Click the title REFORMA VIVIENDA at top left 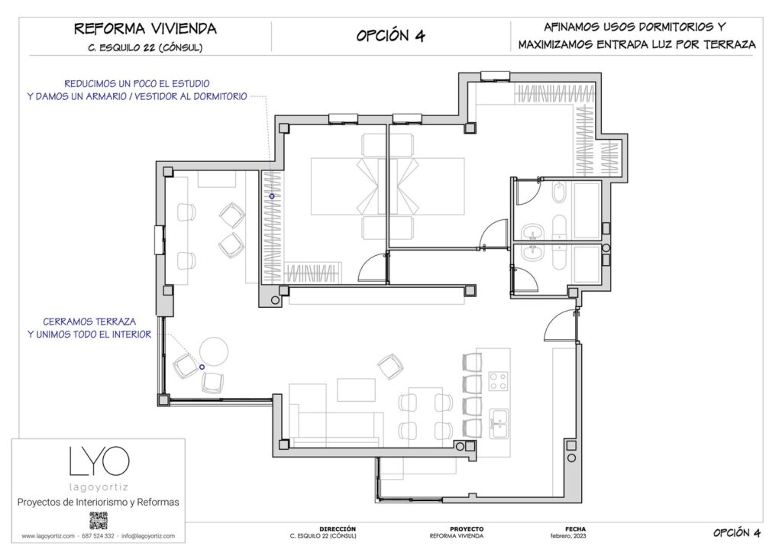tap(145, 29)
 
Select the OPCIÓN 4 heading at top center tap(390, 36)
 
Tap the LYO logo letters tap(99, 461)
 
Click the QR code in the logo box tap(99, 521)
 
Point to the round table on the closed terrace tap(213, 352)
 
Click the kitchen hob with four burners tap(499, 380)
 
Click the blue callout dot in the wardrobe tap(271, 196)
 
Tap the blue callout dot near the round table tap(202, 367)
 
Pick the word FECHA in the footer tap(575, 529)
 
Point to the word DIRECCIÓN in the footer tap(337, 529)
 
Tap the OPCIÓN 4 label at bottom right tap(737, 532)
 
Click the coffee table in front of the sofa tap(356, 390)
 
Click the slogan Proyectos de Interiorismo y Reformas tap(99, 502)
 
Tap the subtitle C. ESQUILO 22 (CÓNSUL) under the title tap(145, 47)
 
